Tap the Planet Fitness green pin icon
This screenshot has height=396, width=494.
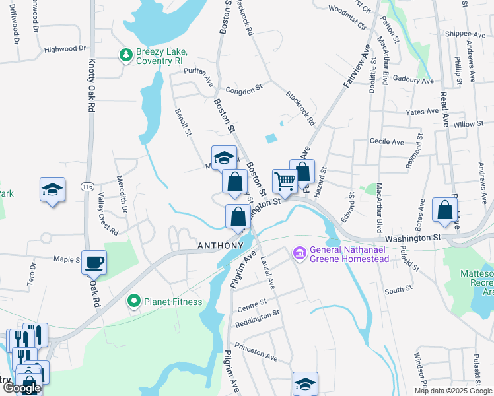(x=134, y=302)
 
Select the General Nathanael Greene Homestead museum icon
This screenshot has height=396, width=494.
(x=298, y=253)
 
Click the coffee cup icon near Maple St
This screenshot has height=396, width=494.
(x=94, y=262)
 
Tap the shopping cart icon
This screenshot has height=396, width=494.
(x=285, y=180)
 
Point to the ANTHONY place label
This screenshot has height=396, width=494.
(x=221, y=246)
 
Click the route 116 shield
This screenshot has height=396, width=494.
(x=87, y=187)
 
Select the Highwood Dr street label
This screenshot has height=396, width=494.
(x=65, y=49)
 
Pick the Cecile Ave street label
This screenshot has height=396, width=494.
(x=387, y=142)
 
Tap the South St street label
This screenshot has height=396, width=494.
(x=398, y=289)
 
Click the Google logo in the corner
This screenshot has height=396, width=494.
(x=22, y=388)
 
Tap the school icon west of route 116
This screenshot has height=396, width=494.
(x=52, y=190)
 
